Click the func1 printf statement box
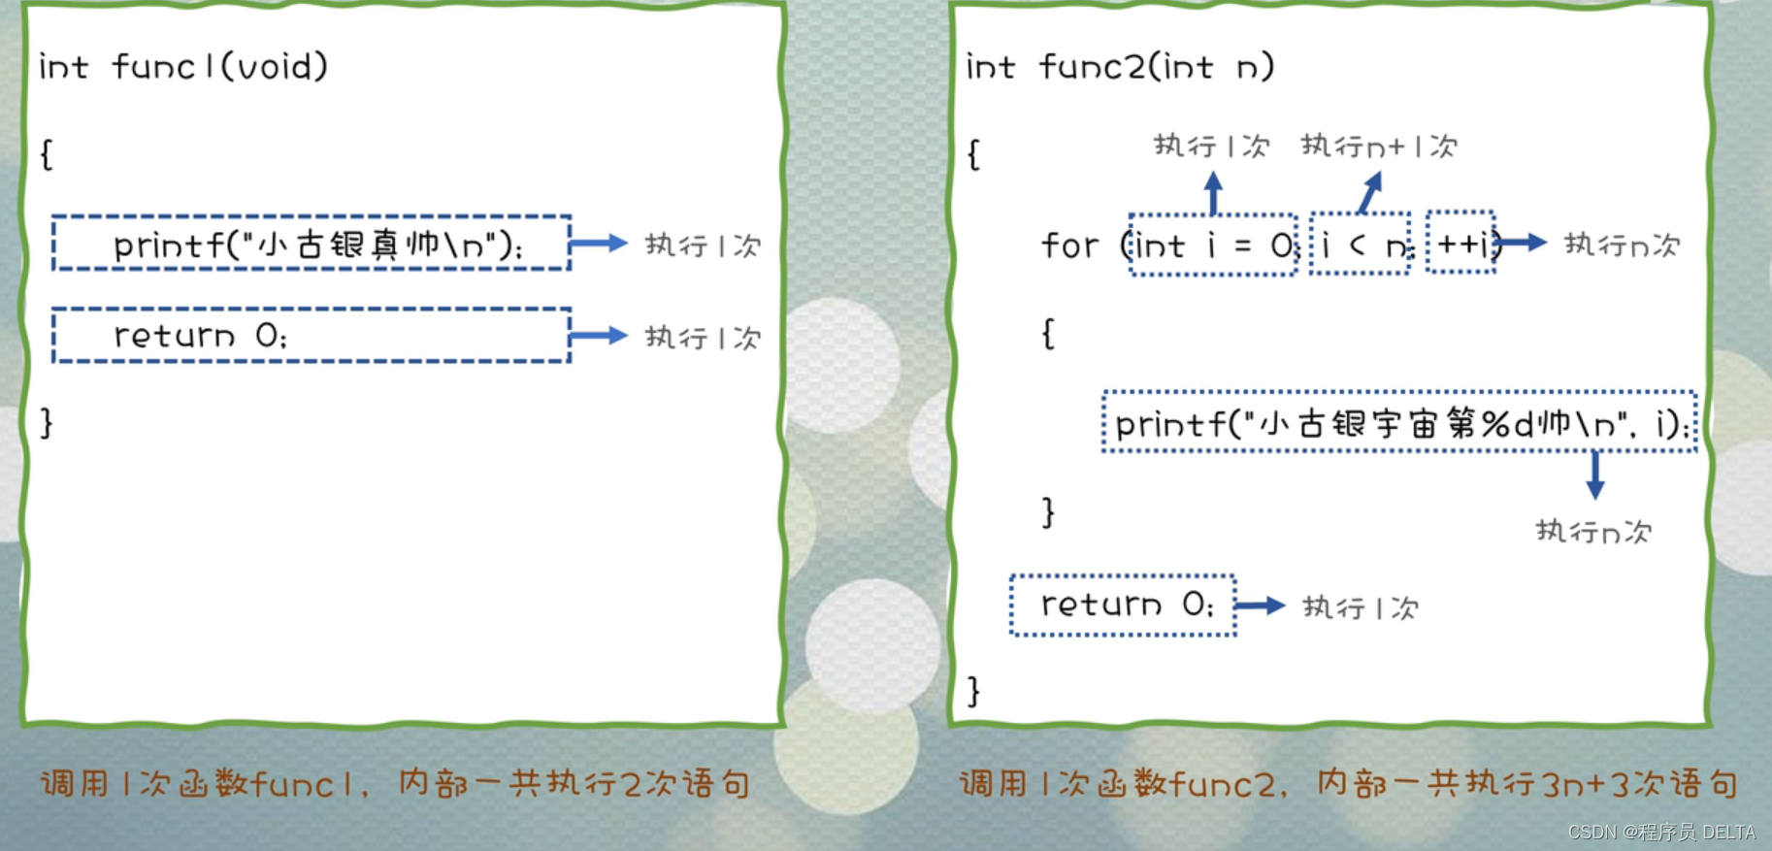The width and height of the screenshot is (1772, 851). click(x=311, y=243)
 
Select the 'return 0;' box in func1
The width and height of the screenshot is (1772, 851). click(x=311, y=336)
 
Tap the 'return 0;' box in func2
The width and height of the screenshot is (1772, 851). click(x=1123, y=606)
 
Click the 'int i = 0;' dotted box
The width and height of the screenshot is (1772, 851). click(x=1213, y=245)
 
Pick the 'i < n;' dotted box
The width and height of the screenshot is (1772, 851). click(x=1360, y=245)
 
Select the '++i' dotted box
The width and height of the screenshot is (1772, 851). click(x=1460, y=243)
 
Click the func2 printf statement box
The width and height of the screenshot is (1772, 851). click(x=1399, y=423)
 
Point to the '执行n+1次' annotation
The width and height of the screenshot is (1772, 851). click(x=1379, y=147)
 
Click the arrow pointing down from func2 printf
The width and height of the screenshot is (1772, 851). click(x=1594, y=475)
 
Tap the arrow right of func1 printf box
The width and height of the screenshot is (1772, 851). click(x=600, y=243)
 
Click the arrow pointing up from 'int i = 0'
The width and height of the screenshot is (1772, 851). click(x=1213, y=192)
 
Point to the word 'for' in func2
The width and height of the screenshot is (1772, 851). click(x=1069, y=245)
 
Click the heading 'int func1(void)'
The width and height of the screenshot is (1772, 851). click(x=183, y=67)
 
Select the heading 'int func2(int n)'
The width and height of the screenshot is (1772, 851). click(x=1120, y=67)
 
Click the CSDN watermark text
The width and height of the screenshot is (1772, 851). click(x=1660, y=833)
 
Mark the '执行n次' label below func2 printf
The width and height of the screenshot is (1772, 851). click(x=1593, y=532)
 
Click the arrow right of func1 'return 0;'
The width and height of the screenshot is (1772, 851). click(x=600, y=336)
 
